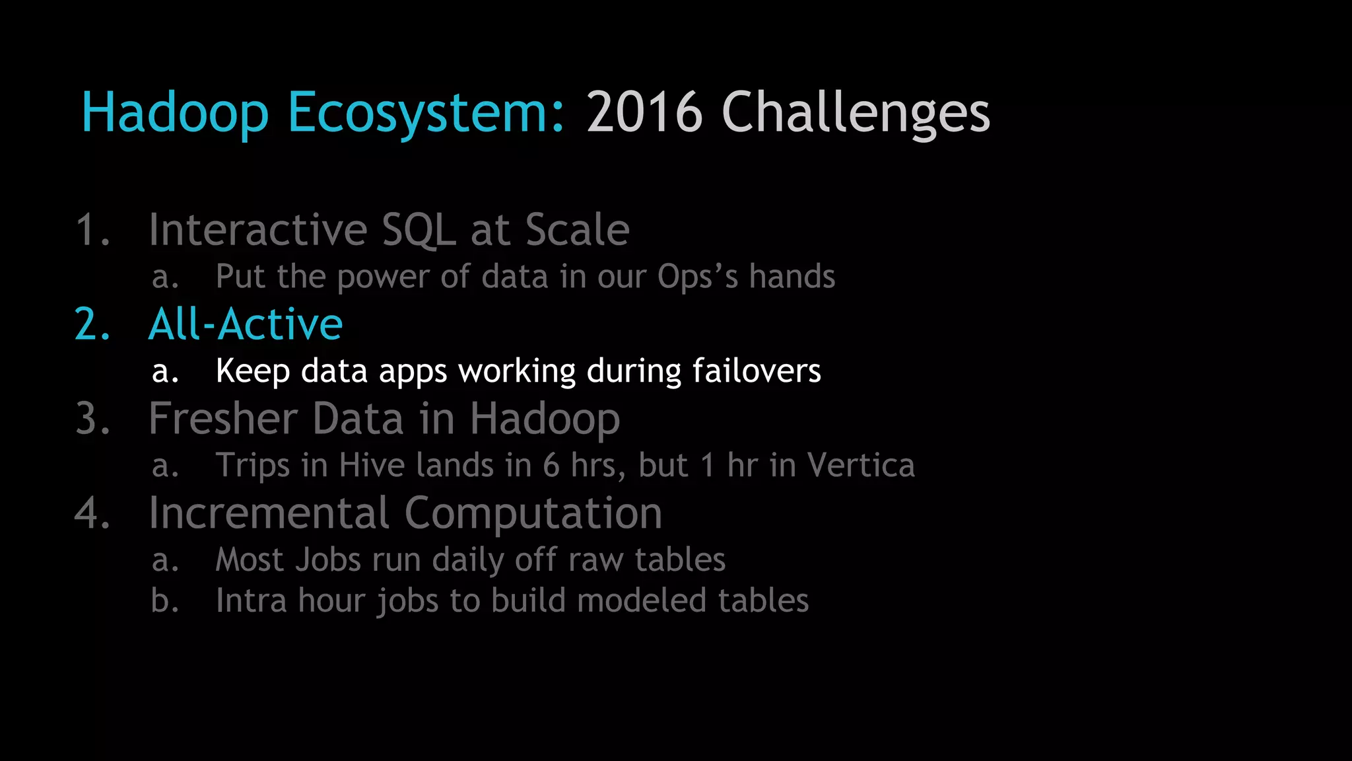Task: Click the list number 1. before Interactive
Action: click(x=92, y=230)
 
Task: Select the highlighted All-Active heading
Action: click(x=246, y=324)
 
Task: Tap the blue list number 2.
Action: click(x=92, y=324)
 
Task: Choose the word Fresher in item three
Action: click(x=223, y=419)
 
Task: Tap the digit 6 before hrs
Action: click(x=552, y=466)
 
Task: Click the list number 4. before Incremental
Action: click(x=92, y=513)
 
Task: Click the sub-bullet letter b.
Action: click(x=164, y=601)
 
